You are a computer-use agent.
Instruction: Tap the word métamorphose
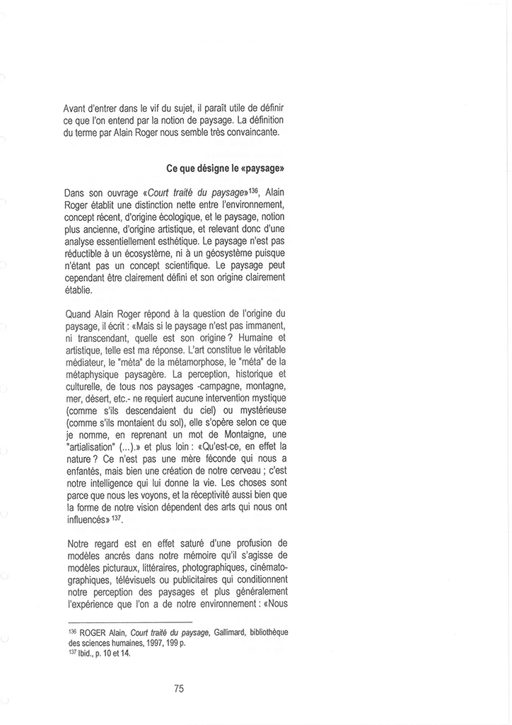click(210, 367)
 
